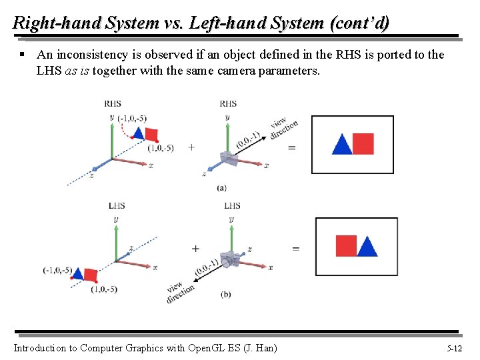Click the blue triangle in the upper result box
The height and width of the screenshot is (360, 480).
point(342,145)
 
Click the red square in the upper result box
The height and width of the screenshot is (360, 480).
point(363,144)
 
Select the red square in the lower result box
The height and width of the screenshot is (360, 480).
point(346,246)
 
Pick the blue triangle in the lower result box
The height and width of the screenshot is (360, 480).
point(367,247)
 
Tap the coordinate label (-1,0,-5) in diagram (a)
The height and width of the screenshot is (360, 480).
point(132,119)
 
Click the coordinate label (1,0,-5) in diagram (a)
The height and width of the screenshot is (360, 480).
point(161,148)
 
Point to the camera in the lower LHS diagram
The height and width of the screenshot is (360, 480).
point(231,259)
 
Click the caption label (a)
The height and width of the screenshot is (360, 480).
point(221,189)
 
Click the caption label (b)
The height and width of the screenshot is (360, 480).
point(226,293)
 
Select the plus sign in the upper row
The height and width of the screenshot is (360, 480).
point(191,147)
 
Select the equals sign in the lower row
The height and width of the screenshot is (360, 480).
point(295,249)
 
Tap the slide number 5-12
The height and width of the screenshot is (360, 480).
point(454,348)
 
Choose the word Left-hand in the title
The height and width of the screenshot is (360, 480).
point(217,23)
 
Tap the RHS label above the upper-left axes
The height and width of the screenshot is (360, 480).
point(113,103)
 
